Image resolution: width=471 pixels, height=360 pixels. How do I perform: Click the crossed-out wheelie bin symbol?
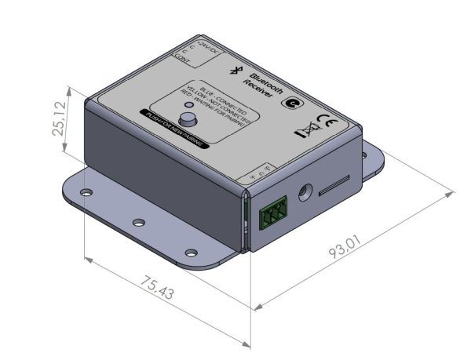click(x=305, y=129)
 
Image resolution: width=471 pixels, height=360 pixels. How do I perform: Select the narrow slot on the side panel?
click(x=336, y=184)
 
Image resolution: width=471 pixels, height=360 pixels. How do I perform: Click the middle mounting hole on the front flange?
click(x=138, y=223)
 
